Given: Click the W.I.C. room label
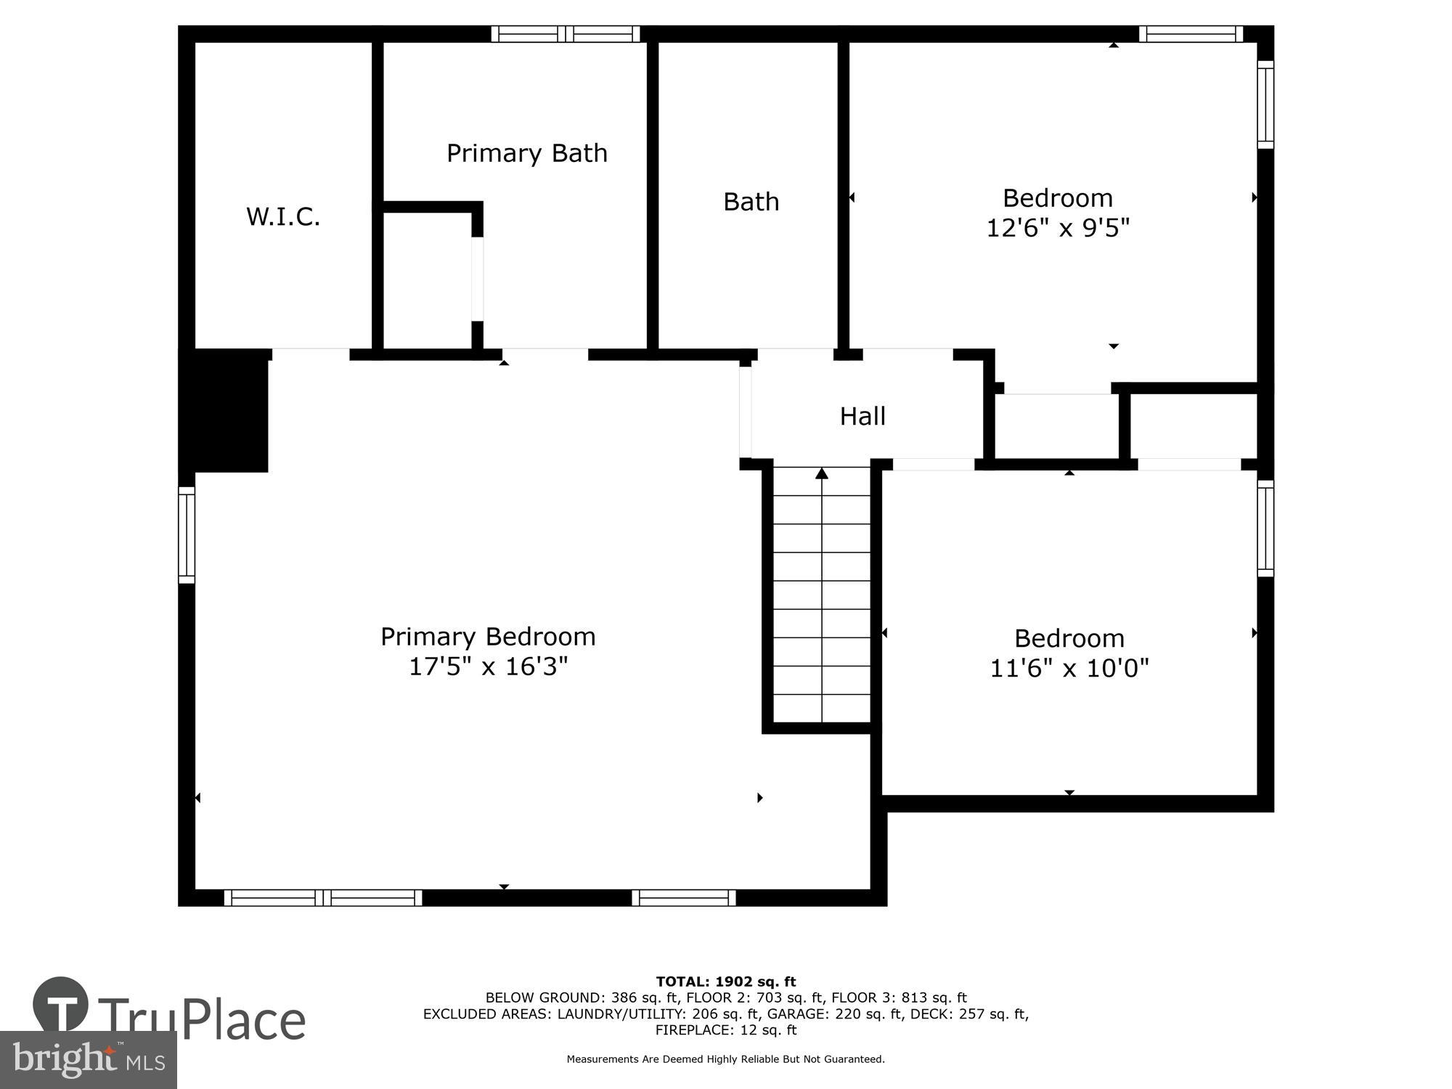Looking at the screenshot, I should (x=283, y=216).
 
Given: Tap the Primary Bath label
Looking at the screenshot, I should (x=526, y=153).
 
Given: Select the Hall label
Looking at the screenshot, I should (x=862, y=416).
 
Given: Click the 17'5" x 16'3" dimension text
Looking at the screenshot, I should (x=488, y=666).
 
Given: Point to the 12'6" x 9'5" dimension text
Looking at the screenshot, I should (x=1058, y=228).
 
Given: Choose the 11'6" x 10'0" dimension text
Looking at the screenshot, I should (x=1069, y=668).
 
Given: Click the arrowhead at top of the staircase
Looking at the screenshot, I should (x=821, y=474).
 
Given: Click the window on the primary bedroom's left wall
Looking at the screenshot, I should (x=187, y=534).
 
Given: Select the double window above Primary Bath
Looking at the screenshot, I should (x=566, y=33).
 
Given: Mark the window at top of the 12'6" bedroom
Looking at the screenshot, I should (x=1190, y=33).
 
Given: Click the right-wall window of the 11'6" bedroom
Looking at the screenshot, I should (x=1265, y=528).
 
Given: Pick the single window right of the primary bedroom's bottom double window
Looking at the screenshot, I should (x=683, y=898).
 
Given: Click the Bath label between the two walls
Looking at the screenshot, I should (x=751, y=202).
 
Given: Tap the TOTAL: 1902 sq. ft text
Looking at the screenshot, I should (x=725, y=982).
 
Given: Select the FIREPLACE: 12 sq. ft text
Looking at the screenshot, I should (x=725, y=1029).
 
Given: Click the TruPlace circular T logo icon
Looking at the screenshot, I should (x=61, y=1005).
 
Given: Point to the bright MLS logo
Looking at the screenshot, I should (x=88, y=1060).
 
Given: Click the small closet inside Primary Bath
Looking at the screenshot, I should (x=427, y=280).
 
